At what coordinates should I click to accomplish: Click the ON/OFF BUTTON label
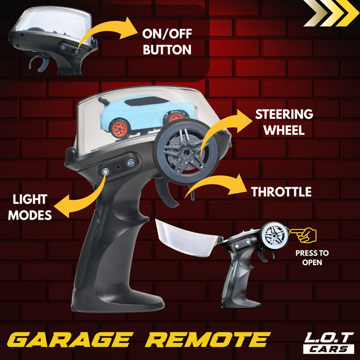click(167, 42)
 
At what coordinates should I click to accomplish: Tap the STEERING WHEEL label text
click(284, 122)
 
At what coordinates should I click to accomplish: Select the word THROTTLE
click(281, 192)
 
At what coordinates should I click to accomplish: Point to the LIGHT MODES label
click(30, 208)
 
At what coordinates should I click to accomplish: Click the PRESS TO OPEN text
click(312, 257)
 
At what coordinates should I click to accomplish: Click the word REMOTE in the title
click(208, 340)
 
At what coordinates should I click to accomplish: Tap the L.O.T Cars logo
click(329, 343)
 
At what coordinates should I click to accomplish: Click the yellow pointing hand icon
click(304, 235)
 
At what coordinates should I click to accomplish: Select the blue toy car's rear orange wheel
click(119, 128)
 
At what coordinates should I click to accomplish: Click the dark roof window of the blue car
click(146, 101)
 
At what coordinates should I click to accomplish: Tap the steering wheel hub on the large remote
click(186, 152)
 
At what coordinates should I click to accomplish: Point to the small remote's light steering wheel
click(274, 235)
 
